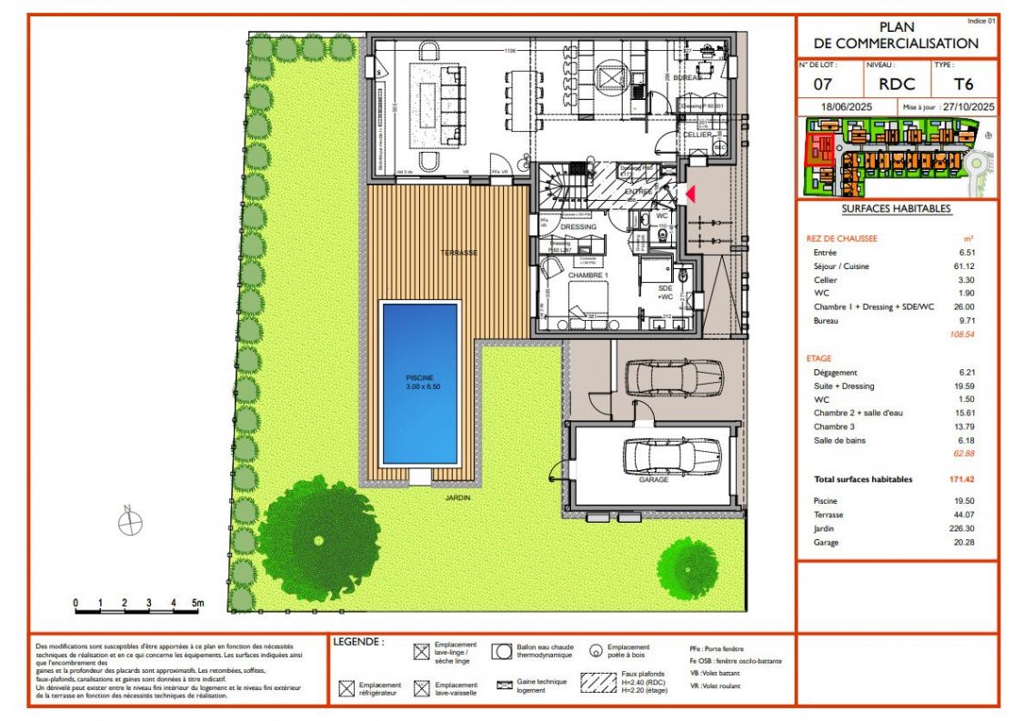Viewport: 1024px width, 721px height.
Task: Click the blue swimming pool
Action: [x=419, y=383]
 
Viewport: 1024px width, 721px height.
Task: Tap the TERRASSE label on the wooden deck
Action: [x=458, y=253]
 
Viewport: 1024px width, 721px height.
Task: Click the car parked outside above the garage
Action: [x=674, y=376]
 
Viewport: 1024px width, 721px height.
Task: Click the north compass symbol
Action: [x=130, y=522]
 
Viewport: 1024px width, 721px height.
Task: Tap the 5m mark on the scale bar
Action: [x=197, y=603]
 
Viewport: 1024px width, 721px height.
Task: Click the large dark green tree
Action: [x=317, y=538]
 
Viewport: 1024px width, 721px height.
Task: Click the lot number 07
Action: [x=822, y=85]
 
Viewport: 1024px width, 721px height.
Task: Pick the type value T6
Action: [x=963, y=85]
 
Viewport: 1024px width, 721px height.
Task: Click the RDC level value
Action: [x=897, y=85]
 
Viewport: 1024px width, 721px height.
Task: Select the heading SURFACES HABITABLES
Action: [x=896, y=209]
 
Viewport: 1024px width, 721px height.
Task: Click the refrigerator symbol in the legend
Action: [x=346, y=689]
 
